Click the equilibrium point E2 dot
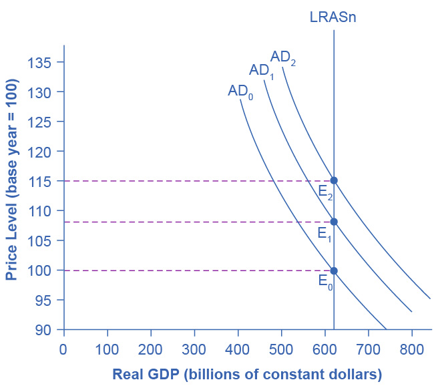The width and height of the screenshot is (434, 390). tap(334, 180)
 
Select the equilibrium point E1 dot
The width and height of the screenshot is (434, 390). tap(334, 222)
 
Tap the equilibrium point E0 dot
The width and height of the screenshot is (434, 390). tap(334, 270)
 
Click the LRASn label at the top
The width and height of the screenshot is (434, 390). tap(333, 17)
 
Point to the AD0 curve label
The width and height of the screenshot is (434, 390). tap(240, 91)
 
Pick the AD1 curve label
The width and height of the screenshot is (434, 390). tap(262, 70)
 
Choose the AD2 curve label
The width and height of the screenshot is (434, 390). tap(282, 57)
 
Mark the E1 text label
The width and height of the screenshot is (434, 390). tap(324, 234)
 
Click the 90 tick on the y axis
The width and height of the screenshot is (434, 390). tap(44, 330)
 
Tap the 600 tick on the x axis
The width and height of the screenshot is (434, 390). tap(325, 349)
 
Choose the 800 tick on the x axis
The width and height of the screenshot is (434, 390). tap(412, 349)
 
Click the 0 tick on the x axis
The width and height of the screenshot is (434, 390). tap(63, 349)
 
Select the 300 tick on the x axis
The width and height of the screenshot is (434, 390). tap(194, 349)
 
